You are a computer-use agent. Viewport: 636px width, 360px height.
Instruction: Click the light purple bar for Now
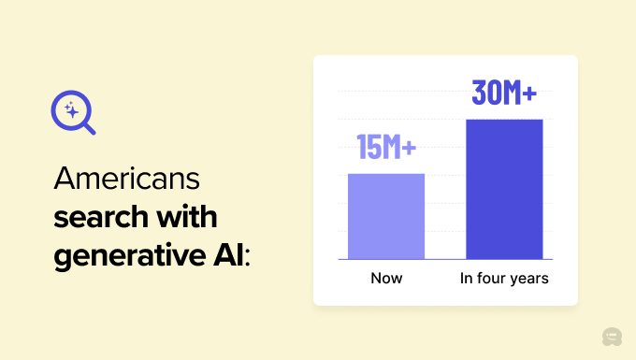coord(386,216)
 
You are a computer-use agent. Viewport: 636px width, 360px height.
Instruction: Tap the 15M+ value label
coord(386,148)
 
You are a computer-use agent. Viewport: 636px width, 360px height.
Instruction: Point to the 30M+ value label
coord(504,94)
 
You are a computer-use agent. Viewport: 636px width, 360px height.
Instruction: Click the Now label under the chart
coord(386,279)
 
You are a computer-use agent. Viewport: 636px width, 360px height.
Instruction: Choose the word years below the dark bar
coord(528,280)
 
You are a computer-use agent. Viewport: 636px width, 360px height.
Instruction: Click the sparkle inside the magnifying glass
coord(68,110)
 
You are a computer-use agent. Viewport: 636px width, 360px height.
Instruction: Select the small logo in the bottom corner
coord(613,337)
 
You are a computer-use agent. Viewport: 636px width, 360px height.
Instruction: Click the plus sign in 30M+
coord(529,94)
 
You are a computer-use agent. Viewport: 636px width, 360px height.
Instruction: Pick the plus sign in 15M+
coord(409,148)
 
